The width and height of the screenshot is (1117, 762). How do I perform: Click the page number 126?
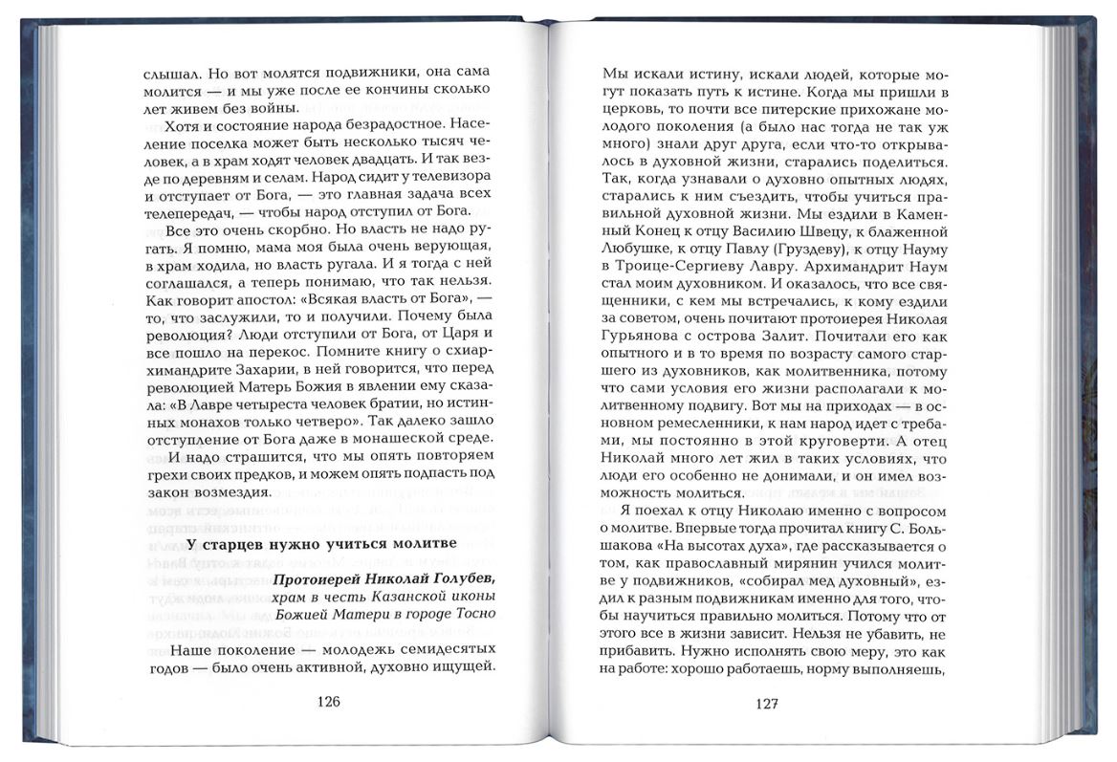[327, 701]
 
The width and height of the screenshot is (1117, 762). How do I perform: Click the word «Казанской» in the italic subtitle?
[397, 596]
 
